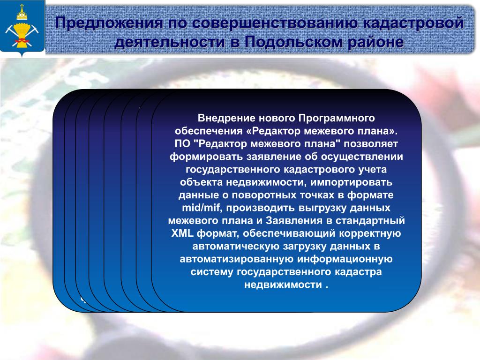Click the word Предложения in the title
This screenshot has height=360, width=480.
tap(109, 23)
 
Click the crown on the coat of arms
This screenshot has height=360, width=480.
tap(22, 13)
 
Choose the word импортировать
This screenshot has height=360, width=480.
tap(352, 182)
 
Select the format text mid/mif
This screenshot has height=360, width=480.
tap(201, 208)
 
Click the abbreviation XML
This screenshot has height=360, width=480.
tap(182, 233)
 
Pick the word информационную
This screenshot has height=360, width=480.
tap(345, 259)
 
